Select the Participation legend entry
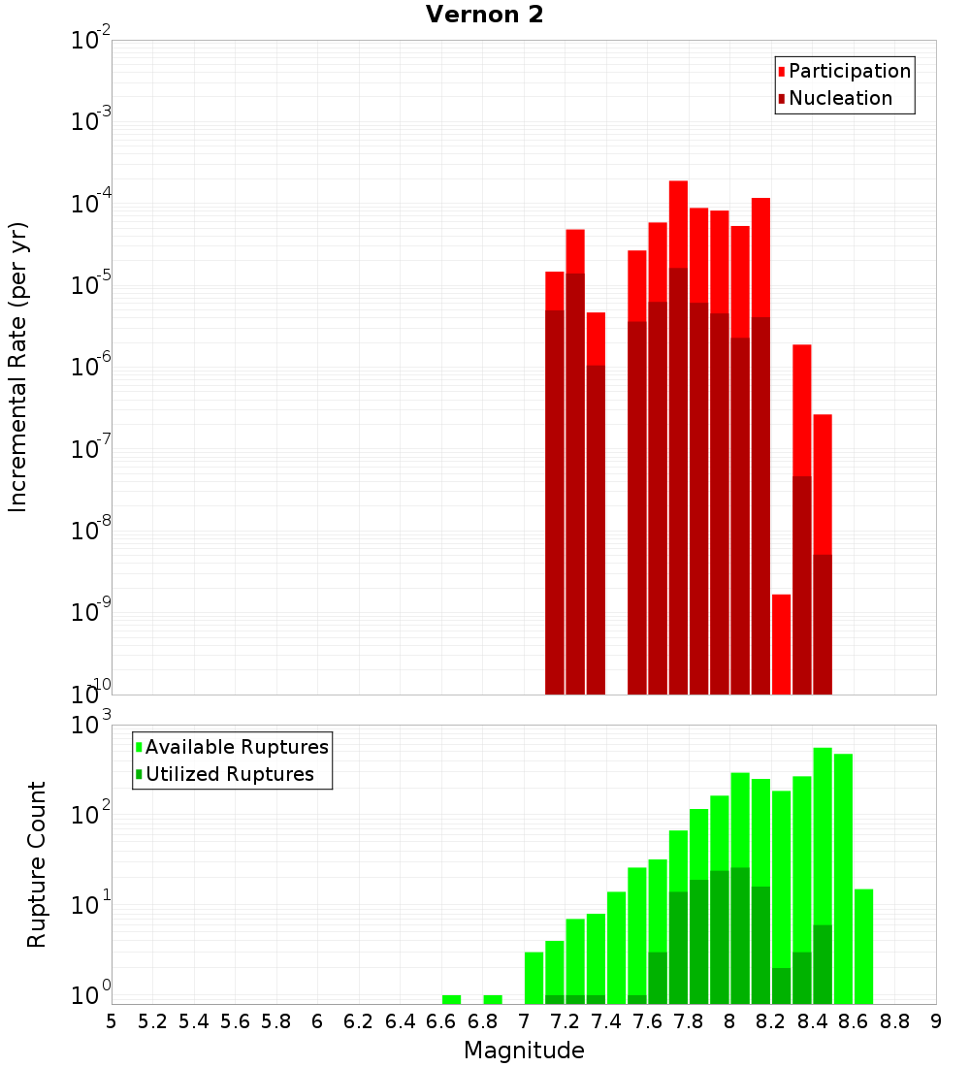(850, 72)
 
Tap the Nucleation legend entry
(840, 99)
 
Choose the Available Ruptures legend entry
(237, 748)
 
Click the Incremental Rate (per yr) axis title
(18, 367)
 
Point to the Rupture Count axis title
(37, 864)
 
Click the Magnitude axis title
(524, 1051)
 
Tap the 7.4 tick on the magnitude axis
(606, 1021)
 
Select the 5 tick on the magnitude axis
(112, 1021)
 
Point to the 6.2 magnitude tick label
(359, 1021)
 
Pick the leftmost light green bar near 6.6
(451, 999)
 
